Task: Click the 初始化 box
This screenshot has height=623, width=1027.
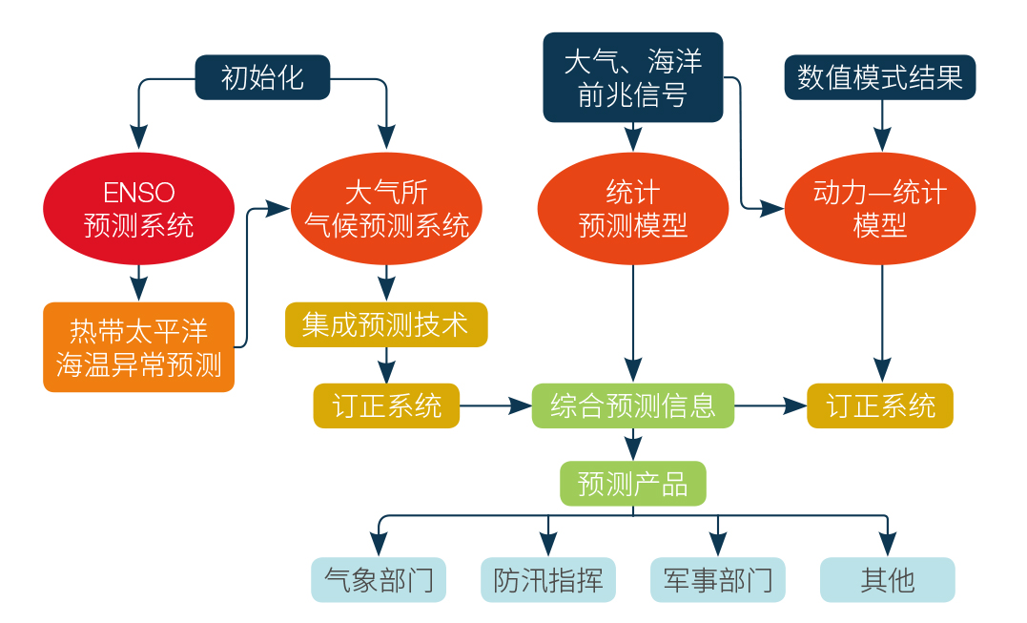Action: [262, 77]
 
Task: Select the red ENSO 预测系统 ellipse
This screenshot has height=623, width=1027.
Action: [138, 208]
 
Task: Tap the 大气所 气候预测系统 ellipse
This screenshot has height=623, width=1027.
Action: [386, 208]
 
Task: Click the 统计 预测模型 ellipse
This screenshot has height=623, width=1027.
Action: [633, 208]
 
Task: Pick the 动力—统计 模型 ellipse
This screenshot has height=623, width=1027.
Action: [880, 208]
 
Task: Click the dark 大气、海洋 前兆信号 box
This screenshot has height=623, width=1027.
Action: [633, 78]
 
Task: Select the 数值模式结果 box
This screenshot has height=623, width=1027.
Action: [880, 77]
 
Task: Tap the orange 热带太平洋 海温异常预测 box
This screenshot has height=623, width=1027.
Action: [138, 347]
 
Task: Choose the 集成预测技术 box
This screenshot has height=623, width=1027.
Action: [386, 325]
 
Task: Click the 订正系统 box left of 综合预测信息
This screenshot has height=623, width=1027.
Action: [386, 405]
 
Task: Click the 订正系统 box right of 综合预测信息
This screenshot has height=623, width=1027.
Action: [880, 405]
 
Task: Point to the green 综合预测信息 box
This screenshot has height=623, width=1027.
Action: [633, 405]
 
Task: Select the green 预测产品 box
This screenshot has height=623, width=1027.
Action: [633, 483]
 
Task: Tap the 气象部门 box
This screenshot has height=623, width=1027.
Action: [380, 579]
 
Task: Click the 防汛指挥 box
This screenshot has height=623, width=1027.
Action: [548, 579]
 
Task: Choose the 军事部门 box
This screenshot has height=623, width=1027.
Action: [718, 579]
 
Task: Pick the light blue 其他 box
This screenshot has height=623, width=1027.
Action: [888, 579]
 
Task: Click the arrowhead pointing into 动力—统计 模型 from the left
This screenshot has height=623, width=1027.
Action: [774, 207]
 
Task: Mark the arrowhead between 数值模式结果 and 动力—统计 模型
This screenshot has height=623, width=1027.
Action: [882, 140]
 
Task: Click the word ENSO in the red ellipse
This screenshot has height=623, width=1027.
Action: [138, 193]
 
